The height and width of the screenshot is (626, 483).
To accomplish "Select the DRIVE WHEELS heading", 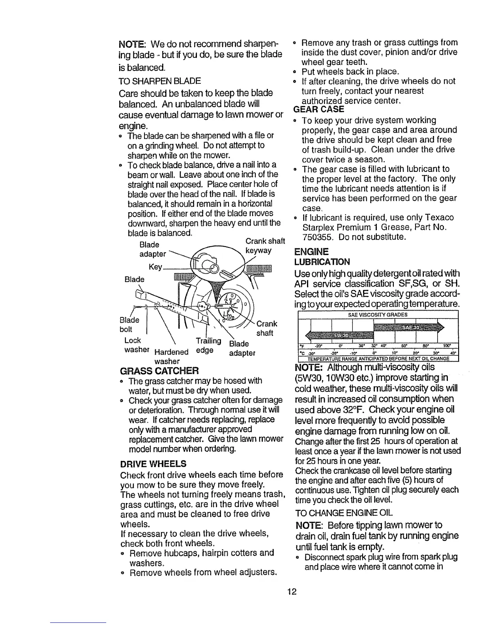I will click(153, 463).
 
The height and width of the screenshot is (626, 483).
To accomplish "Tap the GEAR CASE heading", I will click(319, 109).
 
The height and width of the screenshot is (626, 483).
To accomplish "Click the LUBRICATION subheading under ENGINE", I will click(322, 262).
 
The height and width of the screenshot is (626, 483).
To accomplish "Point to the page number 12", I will click(292, 591).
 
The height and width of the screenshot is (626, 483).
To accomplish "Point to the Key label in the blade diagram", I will click(155, 267).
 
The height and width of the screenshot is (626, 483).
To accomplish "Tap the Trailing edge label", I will click(208, 345).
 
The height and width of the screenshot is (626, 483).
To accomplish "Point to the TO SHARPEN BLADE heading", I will click(160, 81).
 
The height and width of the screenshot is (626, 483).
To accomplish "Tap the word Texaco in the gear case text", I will click(438, 217).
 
